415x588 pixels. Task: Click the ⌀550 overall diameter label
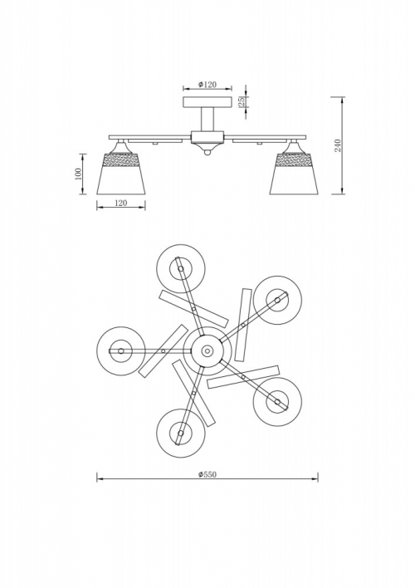pos(207,474)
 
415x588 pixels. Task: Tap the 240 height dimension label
pos(338,145)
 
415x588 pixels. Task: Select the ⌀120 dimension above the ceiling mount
pos(207,85)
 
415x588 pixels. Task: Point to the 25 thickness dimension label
pos(242,101)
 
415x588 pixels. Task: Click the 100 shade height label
pos(78,174)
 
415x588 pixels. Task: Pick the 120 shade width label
pos(120,203)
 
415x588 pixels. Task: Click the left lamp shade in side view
pos(120,174)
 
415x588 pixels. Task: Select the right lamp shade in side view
pos(295,174)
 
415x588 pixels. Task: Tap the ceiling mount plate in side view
pos(207,102)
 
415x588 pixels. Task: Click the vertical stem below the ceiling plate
pos(207,120)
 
